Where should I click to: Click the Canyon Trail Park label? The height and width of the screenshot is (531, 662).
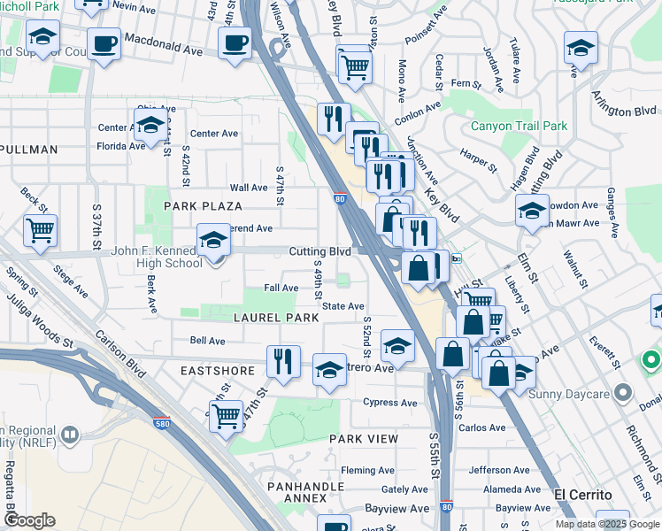click(x=519, y=126)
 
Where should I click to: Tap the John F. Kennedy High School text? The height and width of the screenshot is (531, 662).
click(x=156, y=257)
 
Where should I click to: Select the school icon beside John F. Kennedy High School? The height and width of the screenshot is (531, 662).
click(x=213, y=241)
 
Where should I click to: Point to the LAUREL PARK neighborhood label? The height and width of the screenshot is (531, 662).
click(x=275, y=317)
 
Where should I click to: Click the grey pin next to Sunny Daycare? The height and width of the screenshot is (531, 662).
click(x=623, y=391)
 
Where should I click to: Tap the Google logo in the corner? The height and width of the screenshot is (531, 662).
click(x=29, y=520)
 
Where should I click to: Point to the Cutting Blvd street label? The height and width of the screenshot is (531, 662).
click(x=319, y=251)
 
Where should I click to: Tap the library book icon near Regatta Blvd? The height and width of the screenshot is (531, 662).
click(x=70, y=435)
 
